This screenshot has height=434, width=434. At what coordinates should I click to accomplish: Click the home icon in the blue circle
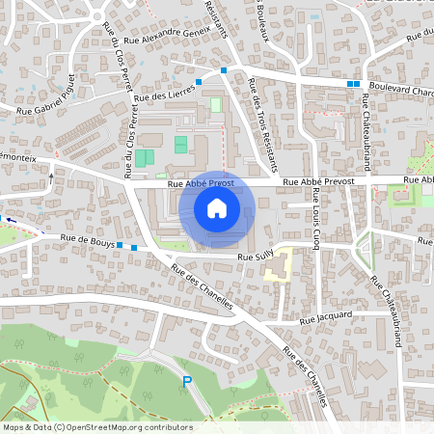217,208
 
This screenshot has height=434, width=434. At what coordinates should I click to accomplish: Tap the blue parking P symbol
187,383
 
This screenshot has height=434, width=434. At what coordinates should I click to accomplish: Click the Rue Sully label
257,258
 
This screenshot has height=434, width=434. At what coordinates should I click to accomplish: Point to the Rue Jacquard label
326,316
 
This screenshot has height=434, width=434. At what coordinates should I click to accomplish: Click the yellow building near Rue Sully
278,265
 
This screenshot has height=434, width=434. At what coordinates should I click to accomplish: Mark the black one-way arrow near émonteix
52,176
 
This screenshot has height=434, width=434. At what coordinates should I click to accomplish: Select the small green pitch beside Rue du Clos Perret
144,157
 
